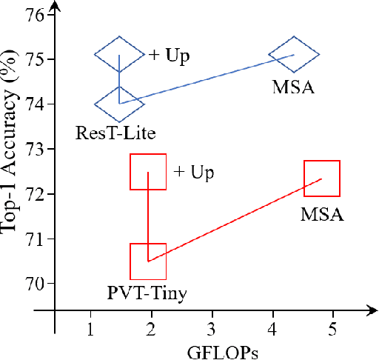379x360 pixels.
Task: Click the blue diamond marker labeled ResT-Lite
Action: [119, 104]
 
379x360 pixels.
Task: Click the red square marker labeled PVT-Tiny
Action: [148, 261]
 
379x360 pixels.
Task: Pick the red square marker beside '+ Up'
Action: [148, 172]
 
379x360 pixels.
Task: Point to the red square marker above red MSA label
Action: [322, 179]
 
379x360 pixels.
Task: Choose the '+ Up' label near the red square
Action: [193, 173]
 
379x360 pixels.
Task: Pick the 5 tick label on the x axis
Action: [333, 327]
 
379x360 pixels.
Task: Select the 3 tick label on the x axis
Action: [212, 327]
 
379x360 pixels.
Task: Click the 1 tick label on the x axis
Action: [90, 327]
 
